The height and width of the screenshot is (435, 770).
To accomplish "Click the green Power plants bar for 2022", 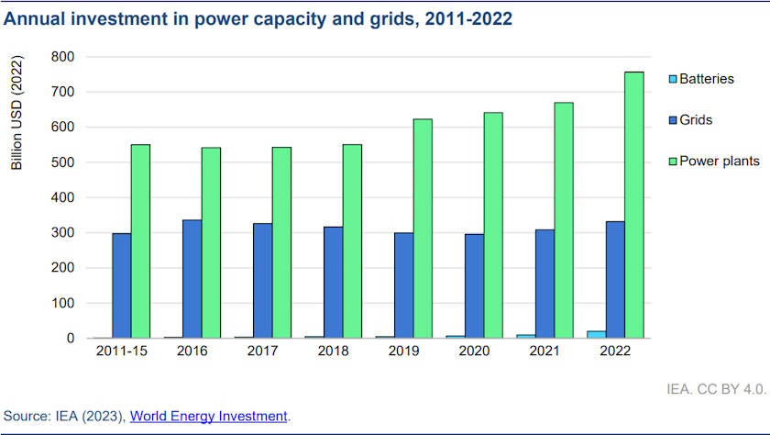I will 633,205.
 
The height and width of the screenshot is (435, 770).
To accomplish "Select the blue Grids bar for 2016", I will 192,279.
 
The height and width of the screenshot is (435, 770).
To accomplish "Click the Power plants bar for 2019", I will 423,229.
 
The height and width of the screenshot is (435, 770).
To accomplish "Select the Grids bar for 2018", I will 334,283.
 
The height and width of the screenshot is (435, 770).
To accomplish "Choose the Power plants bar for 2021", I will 563,220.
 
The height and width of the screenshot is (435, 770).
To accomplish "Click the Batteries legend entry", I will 706,79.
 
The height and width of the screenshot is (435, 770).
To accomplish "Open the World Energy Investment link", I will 209,417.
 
